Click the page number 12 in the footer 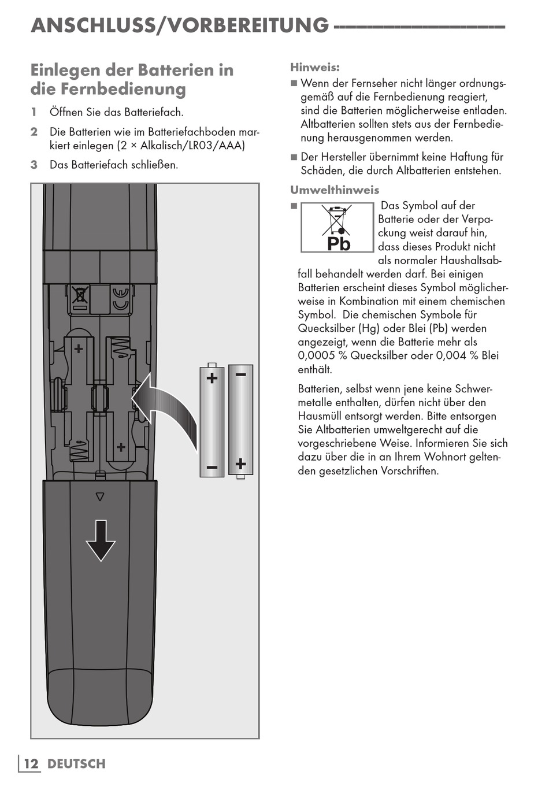pyautogui.click(x=31, y=763)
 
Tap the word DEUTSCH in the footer pyautogui.click(x=76, y=763)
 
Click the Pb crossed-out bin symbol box pyautogui.click(x=337, y=227)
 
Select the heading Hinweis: pyautogui.click(x=315, y=67)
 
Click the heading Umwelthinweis pyautogui.click(x=335, y=190)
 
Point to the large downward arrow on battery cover pyautogui.click(x=101, y=540)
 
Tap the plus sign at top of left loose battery pyautogui.click(x=212, y=379)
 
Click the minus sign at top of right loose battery pyautogui.click(x=241, y=374)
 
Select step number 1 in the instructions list pyautogui.click(x=34, y=112)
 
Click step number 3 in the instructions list pyautogui.click(x=34, y=165)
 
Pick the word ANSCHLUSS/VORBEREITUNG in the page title pyautogui.click(x=180, y=25)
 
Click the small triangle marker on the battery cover pyautogui.click(x=100, y=496)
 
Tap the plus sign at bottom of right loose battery pyautogui.click(x=241, y=463)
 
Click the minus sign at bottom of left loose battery pyautogui.click(x=212, y=467)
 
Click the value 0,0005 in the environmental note pyautogui.click(x=316, y=355)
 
